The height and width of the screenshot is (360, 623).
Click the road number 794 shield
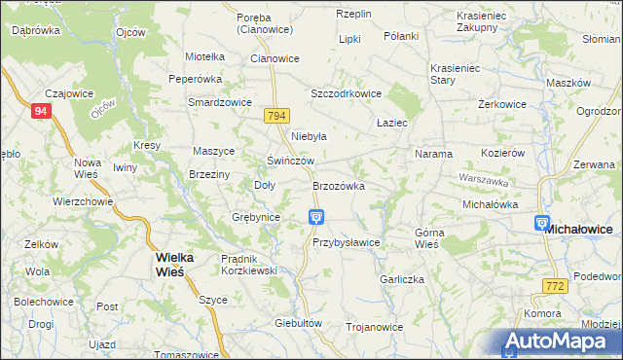[276, 116]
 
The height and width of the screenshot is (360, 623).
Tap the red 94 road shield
[40, 112]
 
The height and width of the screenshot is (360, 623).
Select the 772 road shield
[555, 285]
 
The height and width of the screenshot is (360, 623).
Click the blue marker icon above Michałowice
[543, 224]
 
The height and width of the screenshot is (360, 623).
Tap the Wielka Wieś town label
[175, 264]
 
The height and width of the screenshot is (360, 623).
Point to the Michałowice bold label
[578, 229]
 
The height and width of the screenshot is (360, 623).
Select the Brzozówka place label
[338, 185]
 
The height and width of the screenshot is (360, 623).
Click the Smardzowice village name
[220, 101]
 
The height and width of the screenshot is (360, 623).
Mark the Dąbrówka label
[35, 30]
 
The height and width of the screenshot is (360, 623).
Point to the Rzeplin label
[355, 14]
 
